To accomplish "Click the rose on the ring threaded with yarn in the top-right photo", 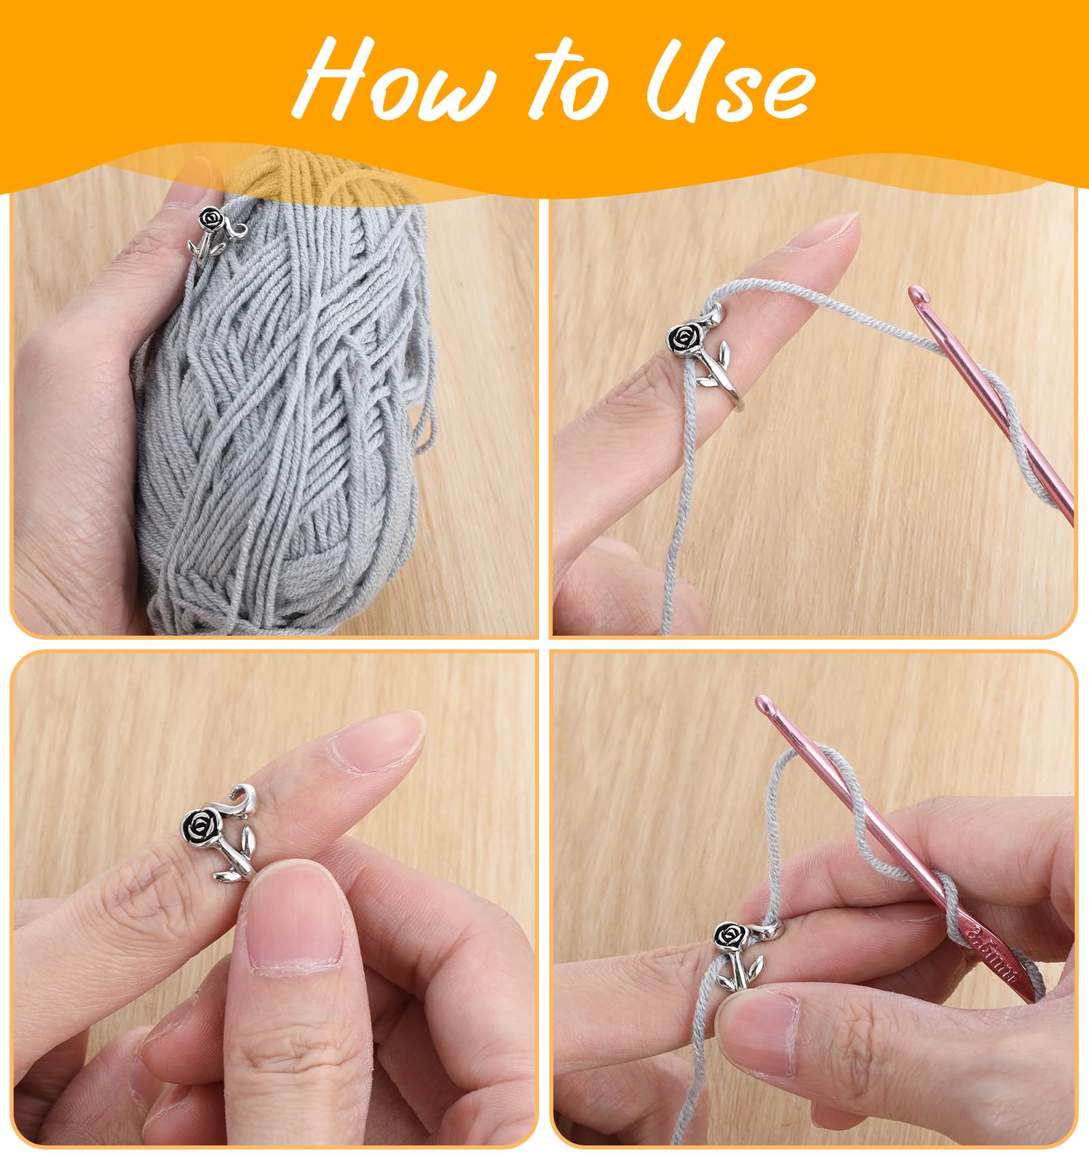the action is (x=683, y=338).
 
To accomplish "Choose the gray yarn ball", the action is (x=286, y=402).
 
